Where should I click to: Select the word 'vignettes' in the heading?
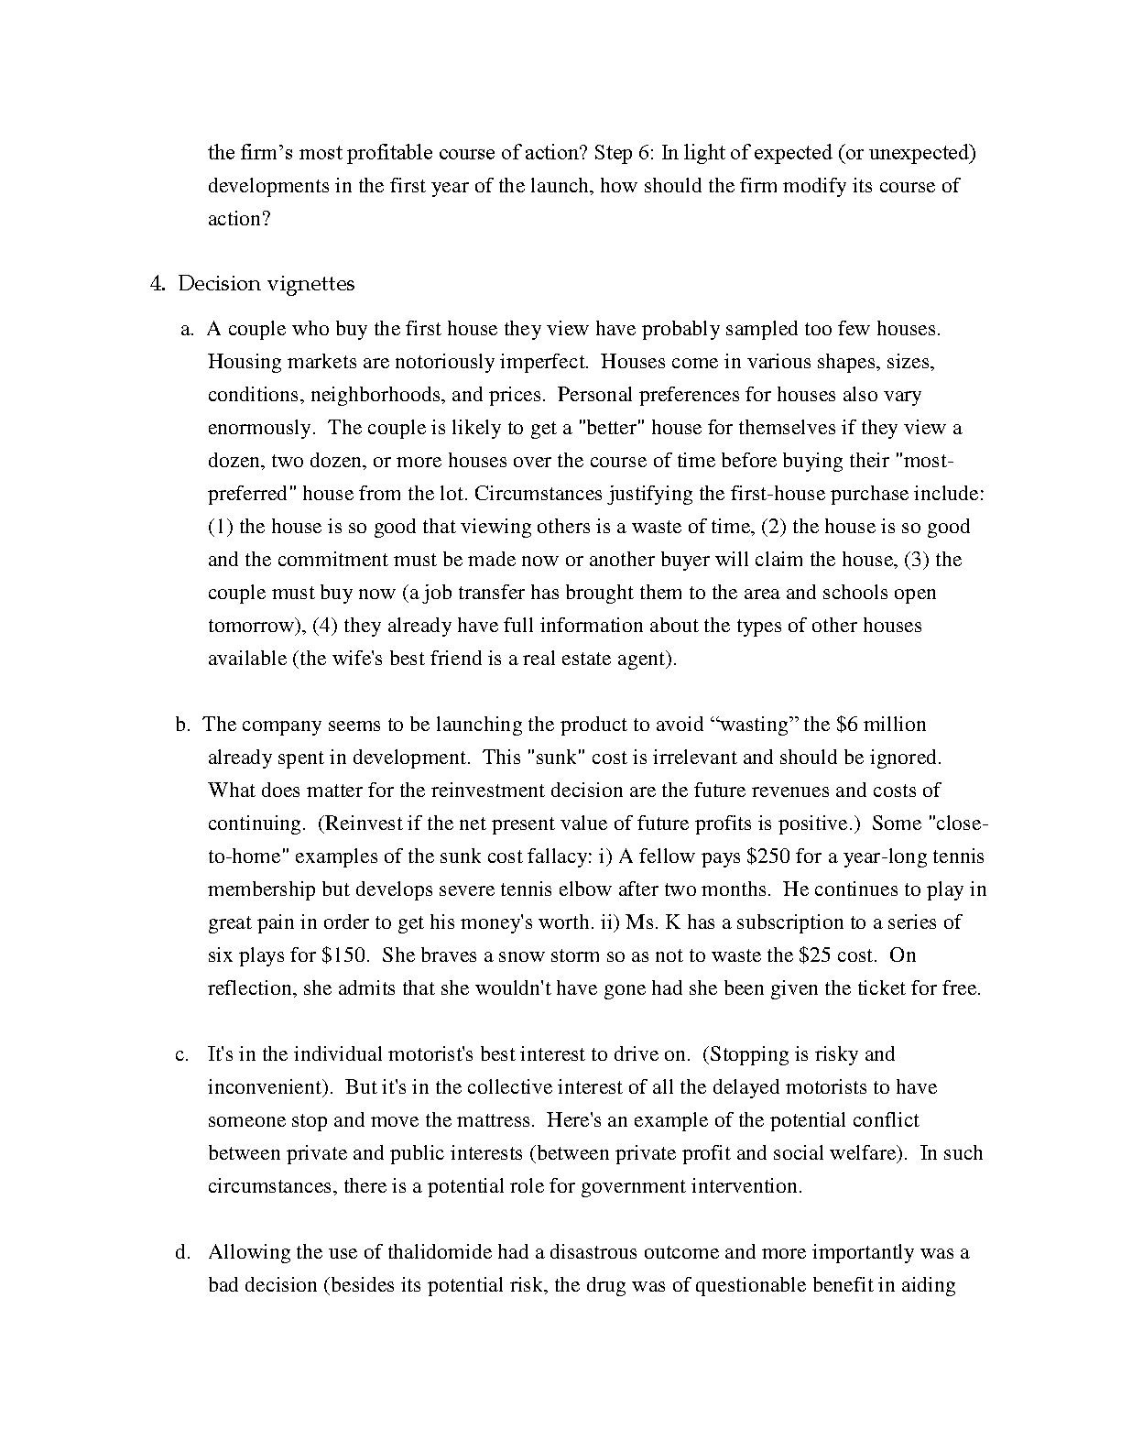310,284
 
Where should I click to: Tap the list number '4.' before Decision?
158,284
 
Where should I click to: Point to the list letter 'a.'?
188,329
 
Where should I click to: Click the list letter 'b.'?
183,725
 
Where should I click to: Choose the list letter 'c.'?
182,1054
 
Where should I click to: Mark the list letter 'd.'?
183,1252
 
